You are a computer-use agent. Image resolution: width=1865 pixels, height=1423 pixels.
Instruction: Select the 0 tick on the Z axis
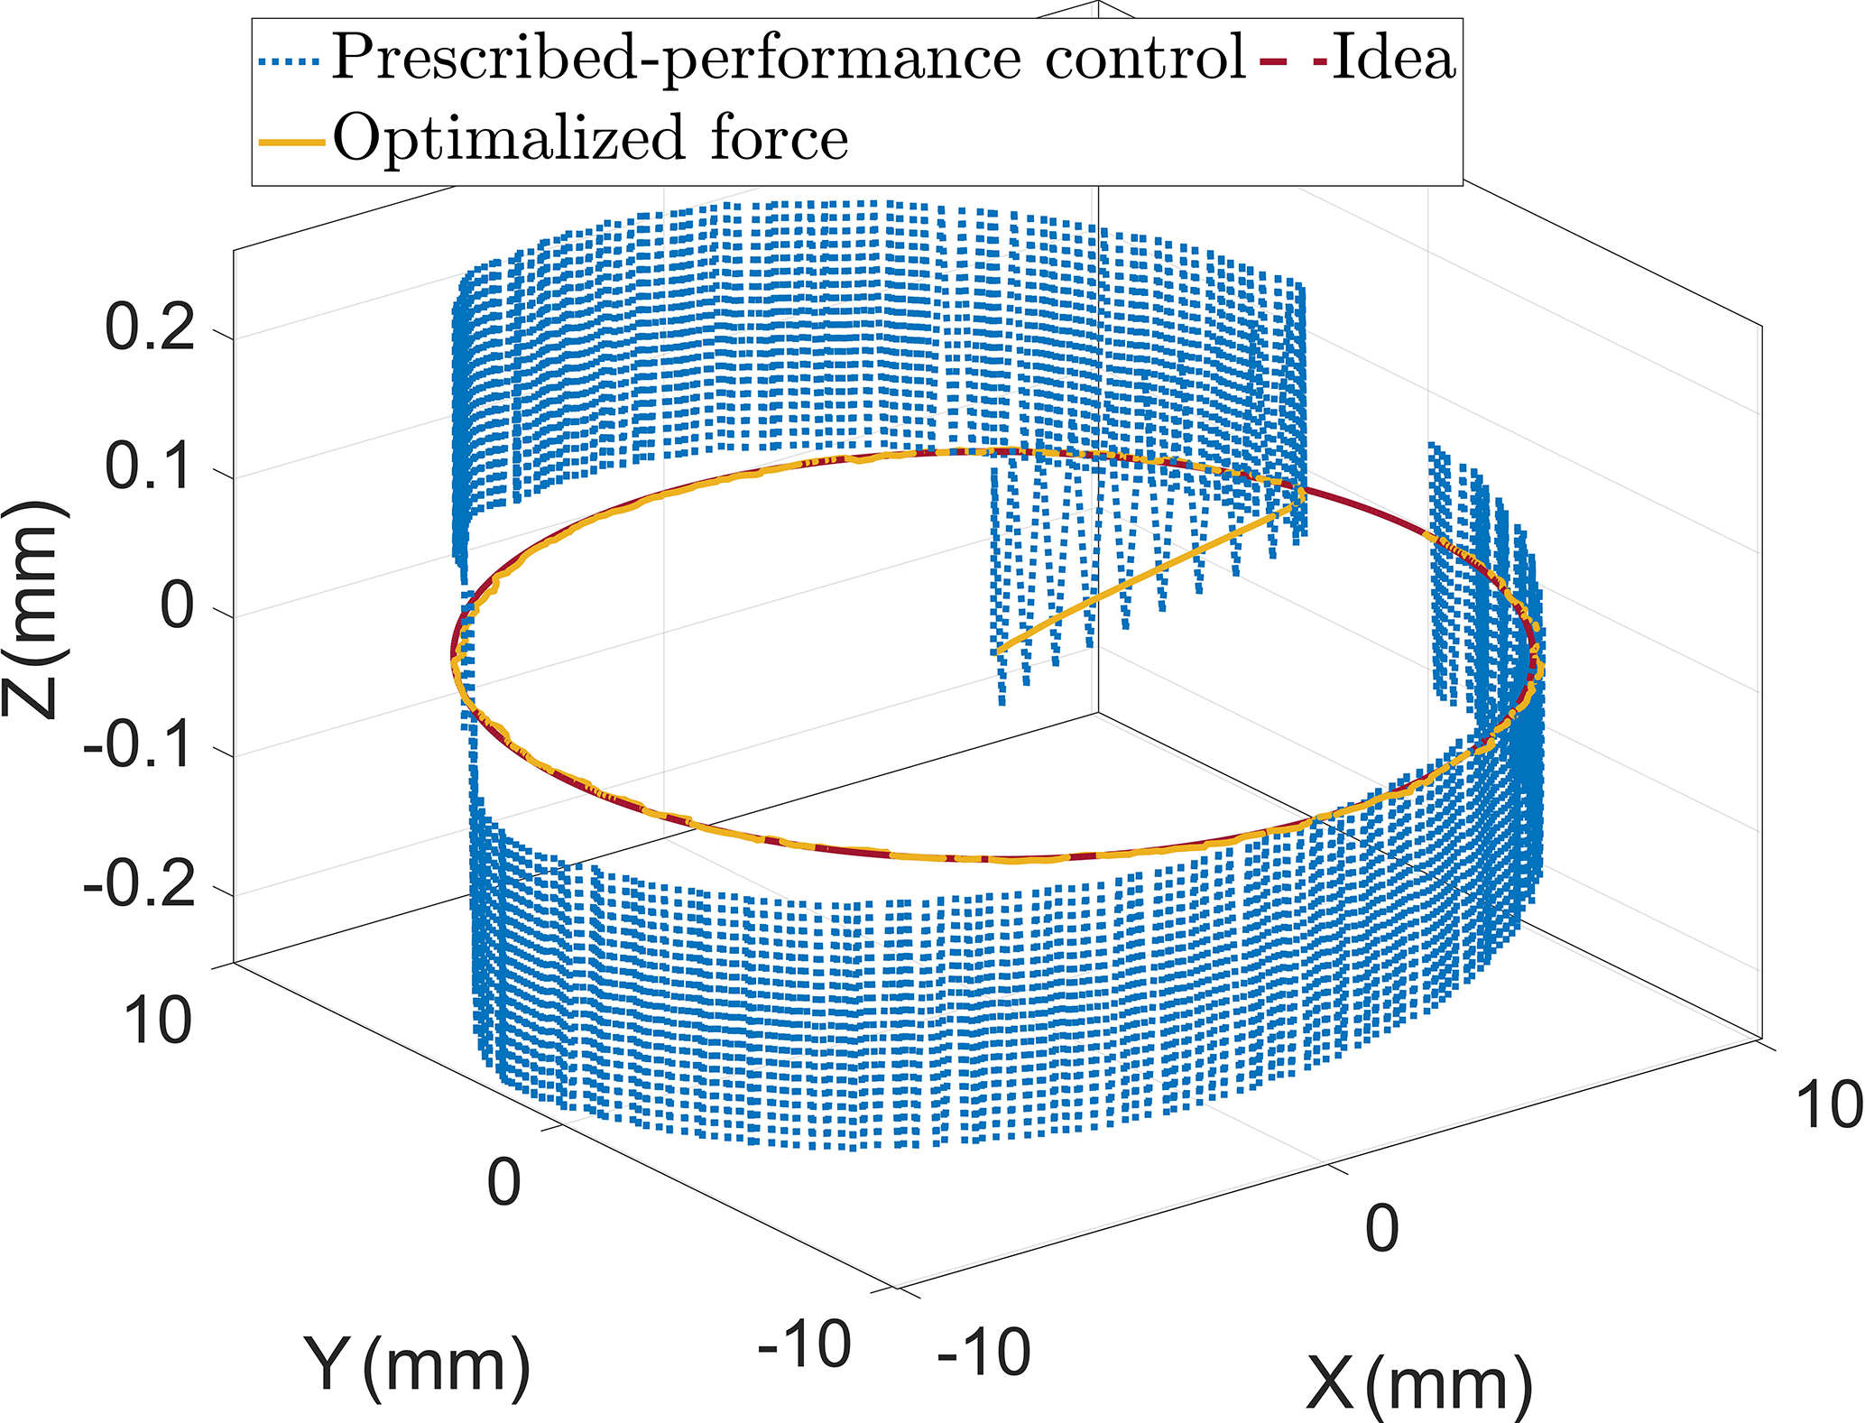pos(177,606)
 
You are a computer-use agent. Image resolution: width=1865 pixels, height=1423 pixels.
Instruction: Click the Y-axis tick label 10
pos(159,1022)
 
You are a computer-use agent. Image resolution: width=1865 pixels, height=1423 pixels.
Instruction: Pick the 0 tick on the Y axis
pos(503,1183)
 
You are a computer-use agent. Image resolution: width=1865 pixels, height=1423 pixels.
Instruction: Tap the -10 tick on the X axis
pos(983,1353)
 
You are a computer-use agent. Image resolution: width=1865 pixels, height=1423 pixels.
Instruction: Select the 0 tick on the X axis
pos(1381,1228)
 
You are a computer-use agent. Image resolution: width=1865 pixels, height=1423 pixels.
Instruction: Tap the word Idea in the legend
pos(1393,58)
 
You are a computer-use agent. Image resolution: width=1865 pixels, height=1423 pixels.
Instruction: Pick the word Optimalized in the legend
pos(510,139)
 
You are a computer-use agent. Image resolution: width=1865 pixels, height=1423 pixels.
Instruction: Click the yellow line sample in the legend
pos(291,142)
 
